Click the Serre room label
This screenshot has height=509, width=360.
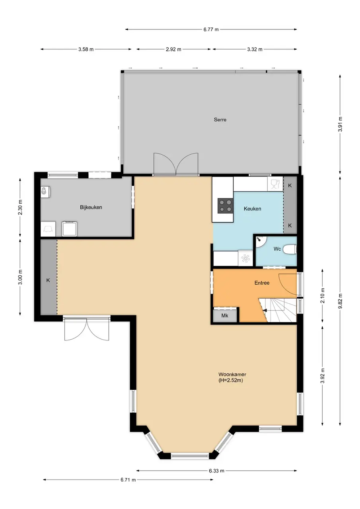pos(220,120)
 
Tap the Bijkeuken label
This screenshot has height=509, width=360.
pos(91,207)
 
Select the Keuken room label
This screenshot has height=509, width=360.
pos(252,209)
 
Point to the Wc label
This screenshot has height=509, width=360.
pos(277,249)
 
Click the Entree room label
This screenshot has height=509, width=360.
pos(262,283)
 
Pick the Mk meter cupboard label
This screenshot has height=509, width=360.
pos(225,316)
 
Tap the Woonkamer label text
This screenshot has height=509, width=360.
pos(232,374)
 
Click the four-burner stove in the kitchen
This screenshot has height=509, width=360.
pos(225,206)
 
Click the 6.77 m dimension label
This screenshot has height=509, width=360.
pos(211,29)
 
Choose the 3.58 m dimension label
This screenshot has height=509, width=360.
pos(86,49)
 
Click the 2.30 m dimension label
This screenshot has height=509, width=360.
pos(20,207)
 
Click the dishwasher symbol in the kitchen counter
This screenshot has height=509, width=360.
pos(275,184)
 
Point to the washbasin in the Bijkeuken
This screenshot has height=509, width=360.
pos(45,191)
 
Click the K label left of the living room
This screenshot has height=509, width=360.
pos(48,280)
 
